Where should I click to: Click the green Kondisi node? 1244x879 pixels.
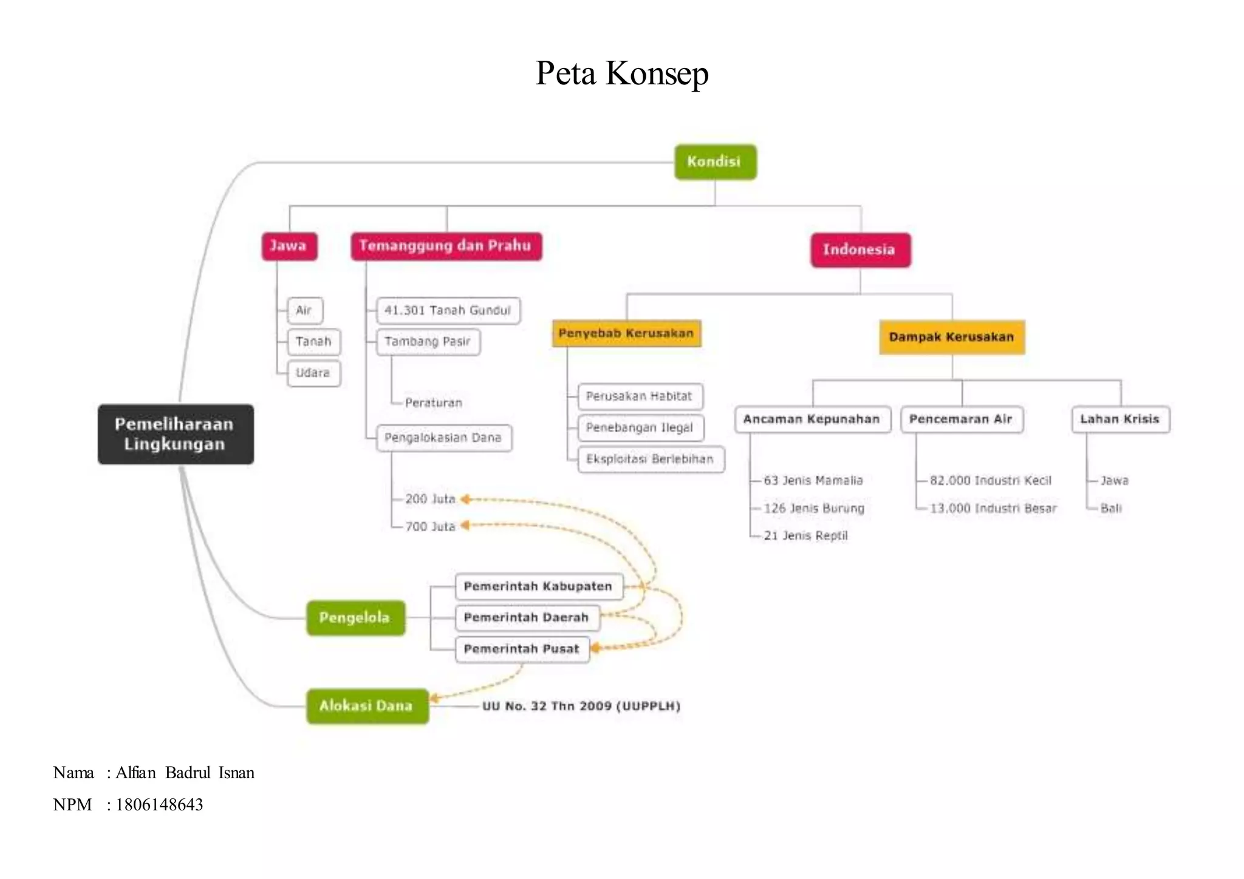click(715, 162)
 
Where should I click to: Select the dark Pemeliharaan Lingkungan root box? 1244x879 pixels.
click(176, 434)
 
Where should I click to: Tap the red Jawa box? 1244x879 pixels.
click(289, 246)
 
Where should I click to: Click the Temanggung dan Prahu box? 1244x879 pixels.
click(446, 246)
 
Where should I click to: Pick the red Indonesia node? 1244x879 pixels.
click(860, 249)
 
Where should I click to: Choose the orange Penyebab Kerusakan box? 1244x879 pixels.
click(626, 333)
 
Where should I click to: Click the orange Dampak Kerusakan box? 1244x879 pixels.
click(951, 337)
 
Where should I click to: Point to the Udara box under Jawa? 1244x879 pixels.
click(313, 373)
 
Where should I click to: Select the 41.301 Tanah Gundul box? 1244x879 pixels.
click(448, 310)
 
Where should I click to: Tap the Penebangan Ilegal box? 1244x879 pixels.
click(640, 427)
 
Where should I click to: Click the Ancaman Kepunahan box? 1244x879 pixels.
click(812, 419)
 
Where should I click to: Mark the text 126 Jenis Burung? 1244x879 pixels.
click(813, 508)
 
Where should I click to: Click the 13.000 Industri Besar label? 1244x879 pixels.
click(993, 508)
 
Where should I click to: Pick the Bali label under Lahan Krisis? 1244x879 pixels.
click(1111, 508)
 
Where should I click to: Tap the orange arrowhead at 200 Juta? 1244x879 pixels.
click(465, 499)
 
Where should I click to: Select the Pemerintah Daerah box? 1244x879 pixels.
click(527, 617)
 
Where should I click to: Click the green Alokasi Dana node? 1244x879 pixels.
click(367, 705)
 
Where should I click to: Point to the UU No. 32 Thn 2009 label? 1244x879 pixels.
click(581, 706)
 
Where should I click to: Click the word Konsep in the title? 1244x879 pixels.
click(657, 73)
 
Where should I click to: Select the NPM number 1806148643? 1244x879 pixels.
click(159, 804)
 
